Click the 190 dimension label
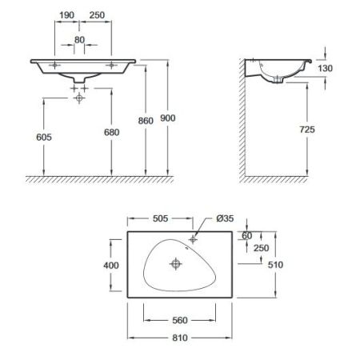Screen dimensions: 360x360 66,15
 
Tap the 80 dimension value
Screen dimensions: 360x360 79,40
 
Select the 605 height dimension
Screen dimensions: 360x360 44,138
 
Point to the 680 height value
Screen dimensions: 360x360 112,132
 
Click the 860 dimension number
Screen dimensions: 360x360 146,121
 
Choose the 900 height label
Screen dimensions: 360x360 168,118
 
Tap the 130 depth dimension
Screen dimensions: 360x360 325,69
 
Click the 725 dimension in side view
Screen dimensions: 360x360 307,130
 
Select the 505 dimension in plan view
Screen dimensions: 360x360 160,218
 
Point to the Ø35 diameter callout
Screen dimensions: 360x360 225,218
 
